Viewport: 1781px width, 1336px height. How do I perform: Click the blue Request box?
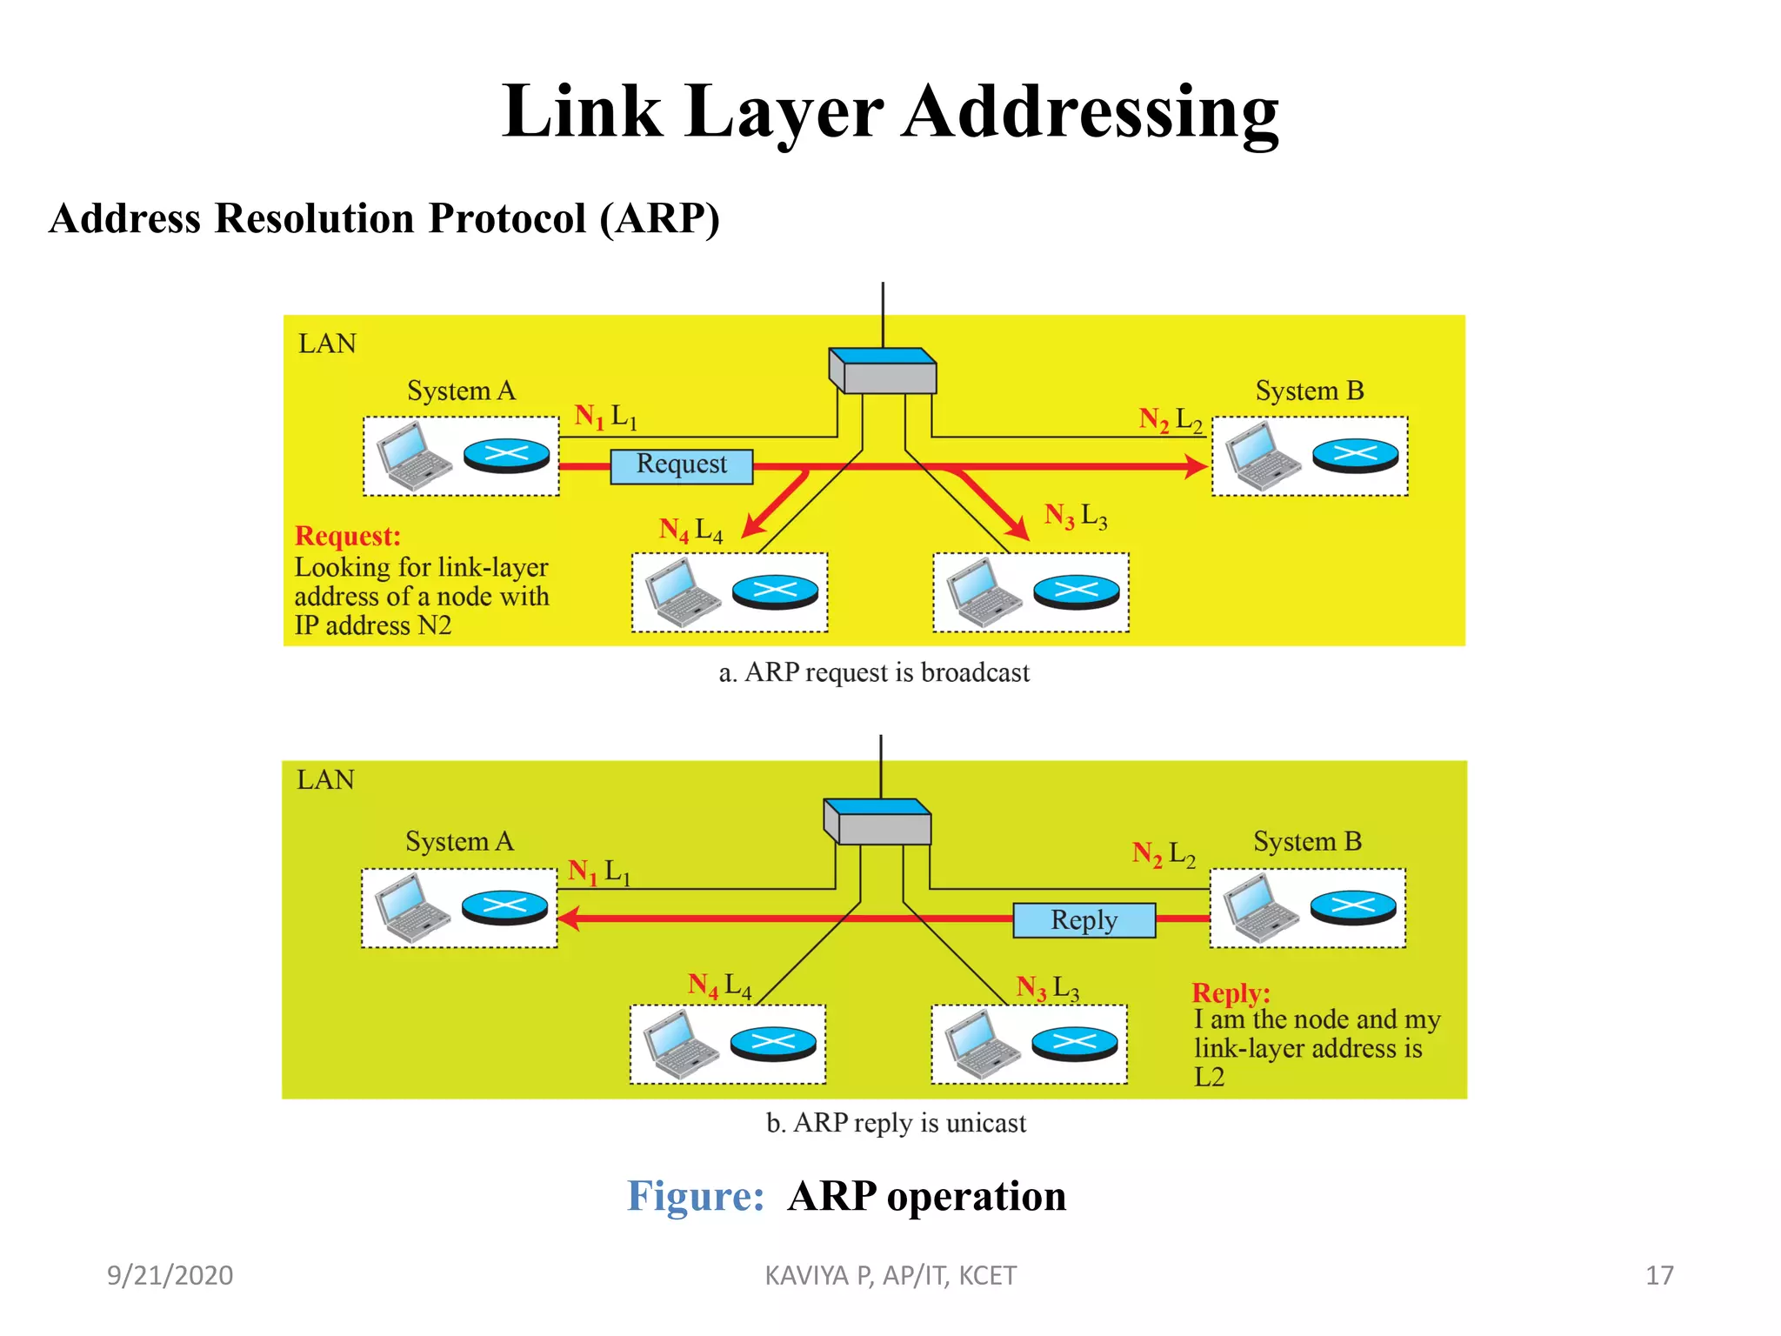[681, 465]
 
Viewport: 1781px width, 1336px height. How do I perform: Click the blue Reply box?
[1084, 920]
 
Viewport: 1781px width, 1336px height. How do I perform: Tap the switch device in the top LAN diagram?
[883, 371]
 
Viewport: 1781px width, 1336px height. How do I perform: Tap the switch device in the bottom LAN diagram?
[877, 822]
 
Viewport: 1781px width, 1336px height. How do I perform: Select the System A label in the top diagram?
[461, 391]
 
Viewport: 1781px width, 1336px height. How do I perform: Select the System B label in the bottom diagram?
[1307, 841]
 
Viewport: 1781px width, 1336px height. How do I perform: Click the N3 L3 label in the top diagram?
[1076, 517]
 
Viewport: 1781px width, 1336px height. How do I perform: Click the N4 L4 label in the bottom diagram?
[719, 985]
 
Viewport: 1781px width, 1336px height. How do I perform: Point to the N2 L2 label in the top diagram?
[1171, 420]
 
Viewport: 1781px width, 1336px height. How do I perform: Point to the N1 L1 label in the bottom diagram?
[599, 872]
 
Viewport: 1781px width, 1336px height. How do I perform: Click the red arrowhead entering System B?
[1197, 467]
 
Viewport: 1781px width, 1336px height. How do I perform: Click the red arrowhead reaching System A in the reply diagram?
[569, 918]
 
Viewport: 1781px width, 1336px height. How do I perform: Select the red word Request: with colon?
[348, 536]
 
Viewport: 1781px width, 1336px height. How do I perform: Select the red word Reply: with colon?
[1231, 992]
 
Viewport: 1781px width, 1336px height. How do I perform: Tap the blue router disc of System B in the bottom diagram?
[1352, 907]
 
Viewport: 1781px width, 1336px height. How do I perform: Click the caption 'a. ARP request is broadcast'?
[874, 672]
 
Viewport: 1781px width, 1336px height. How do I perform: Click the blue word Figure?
[696, 1196]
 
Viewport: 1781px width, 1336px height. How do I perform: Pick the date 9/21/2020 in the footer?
[170, 1275]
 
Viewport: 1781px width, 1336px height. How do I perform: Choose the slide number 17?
[1659, 1275]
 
